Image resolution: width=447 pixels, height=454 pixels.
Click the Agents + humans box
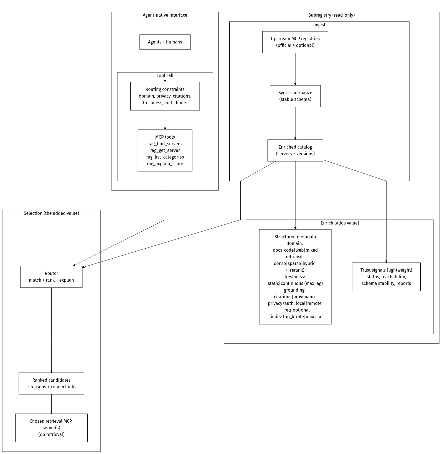[165, 42]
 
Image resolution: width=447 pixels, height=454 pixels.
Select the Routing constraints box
[165, 96]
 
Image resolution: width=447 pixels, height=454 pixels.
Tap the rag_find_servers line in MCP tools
[165, 144]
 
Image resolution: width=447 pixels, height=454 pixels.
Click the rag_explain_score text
[165, 164]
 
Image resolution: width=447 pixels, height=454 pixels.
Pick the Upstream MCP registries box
[295, 42]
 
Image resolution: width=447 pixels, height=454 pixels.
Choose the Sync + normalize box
[295, 96]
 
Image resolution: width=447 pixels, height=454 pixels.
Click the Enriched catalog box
[295, 150]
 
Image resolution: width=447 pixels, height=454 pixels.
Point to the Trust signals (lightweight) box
[386, 277]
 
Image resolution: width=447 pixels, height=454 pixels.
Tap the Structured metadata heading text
[295, 237]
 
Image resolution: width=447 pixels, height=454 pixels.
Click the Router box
[51, 277]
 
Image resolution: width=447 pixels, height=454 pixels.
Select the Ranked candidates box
[51, 383]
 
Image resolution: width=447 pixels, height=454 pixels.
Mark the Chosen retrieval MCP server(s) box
[51, 428]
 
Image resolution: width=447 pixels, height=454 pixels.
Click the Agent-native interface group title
[165, 15]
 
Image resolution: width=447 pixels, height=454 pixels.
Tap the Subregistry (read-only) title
[331, 15]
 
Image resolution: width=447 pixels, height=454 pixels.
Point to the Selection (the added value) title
[51, 213]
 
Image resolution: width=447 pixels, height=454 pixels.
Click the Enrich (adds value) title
[340, 223]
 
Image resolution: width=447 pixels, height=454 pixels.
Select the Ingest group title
[319, 25]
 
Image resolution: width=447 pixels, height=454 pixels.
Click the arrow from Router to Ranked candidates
[51, 330]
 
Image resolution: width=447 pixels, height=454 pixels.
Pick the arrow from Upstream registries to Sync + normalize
[295, 69]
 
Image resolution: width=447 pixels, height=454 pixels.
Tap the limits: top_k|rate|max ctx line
[295, 317]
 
